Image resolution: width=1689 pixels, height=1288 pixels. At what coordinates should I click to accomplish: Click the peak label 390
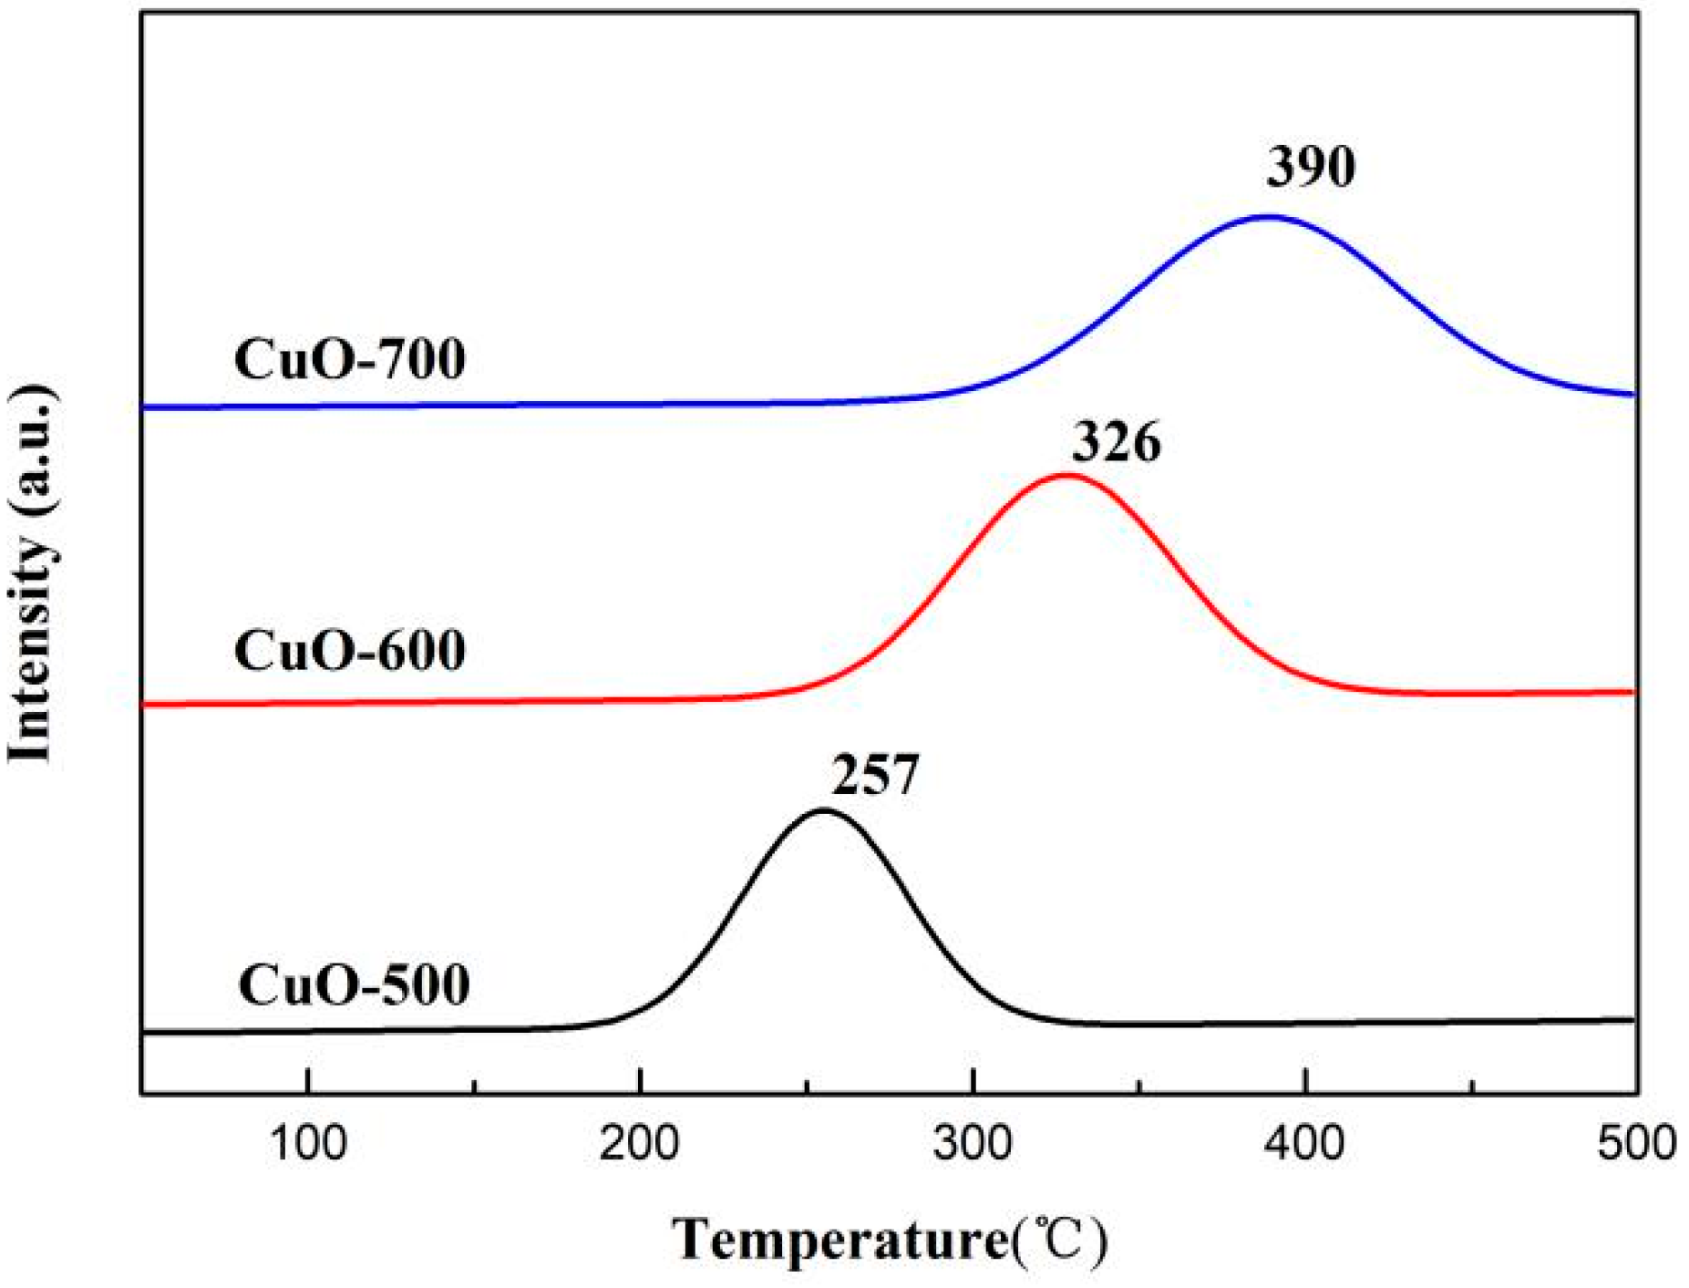(x=1310, y=167)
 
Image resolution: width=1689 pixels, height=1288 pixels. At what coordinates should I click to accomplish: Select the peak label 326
(x=1115, y=443)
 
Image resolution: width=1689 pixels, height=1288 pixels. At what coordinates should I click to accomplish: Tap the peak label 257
(x=874, y=776)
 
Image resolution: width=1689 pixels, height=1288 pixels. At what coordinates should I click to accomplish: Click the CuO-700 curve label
(x=350, y=358)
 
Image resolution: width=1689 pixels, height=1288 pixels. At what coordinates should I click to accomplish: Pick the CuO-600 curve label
(x=350, y=651)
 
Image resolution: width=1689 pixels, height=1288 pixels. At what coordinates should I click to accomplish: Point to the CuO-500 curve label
(x=354, y=984)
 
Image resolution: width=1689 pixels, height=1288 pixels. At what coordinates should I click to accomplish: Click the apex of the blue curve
(x=1267, y=217)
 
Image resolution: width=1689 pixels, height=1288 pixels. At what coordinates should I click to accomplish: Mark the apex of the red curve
(x=1066, y=475)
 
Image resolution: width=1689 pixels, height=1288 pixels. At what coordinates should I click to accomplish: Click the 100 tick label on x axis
(x=309, y=1143)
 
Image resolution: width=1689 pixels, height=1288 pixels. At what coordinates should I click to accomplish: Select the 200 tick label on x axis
(x=641, y=1143)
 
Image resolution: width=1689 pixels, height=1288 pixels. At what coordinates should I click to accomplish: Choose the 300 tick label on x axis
(x=973, y=1143)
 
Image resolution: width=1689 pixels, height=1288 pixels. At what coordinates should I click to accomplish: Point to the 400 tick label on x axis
(x=1306, y=1143)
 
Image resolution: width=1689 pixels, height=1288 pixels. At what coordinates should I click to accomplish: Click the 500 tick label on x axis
(x=1636, y=1143)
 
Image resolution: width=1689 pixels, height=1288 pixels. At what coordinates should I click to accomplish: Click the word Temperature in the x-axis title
(x=840, y=1241)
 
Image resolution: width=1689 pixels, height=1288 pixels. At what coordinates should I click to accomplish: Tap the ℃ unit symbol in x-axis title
(x=1060, y=1241)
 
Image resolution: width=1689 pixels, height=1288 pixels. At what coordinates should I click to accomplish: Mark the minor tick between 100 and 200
(x=475, y=1086)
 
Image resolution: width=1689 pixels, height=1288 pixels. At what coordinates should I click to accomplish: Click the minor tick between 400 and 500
(x=1473, y=1086)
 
